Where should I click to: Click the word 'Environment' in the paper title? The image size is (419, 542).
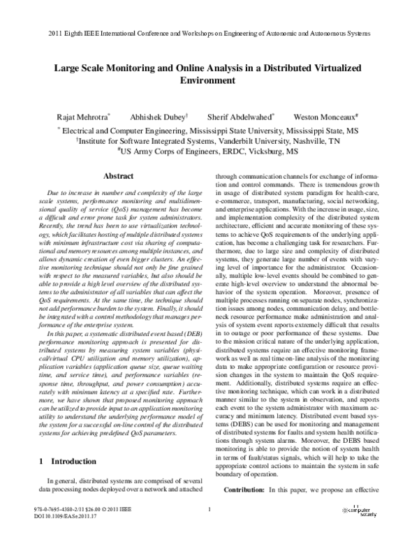coord(209,81)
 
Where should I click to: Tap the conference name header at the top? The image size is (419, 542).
coord(209,34)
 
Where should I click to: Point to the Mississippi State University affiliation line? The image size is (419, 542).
coord(209,130)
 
